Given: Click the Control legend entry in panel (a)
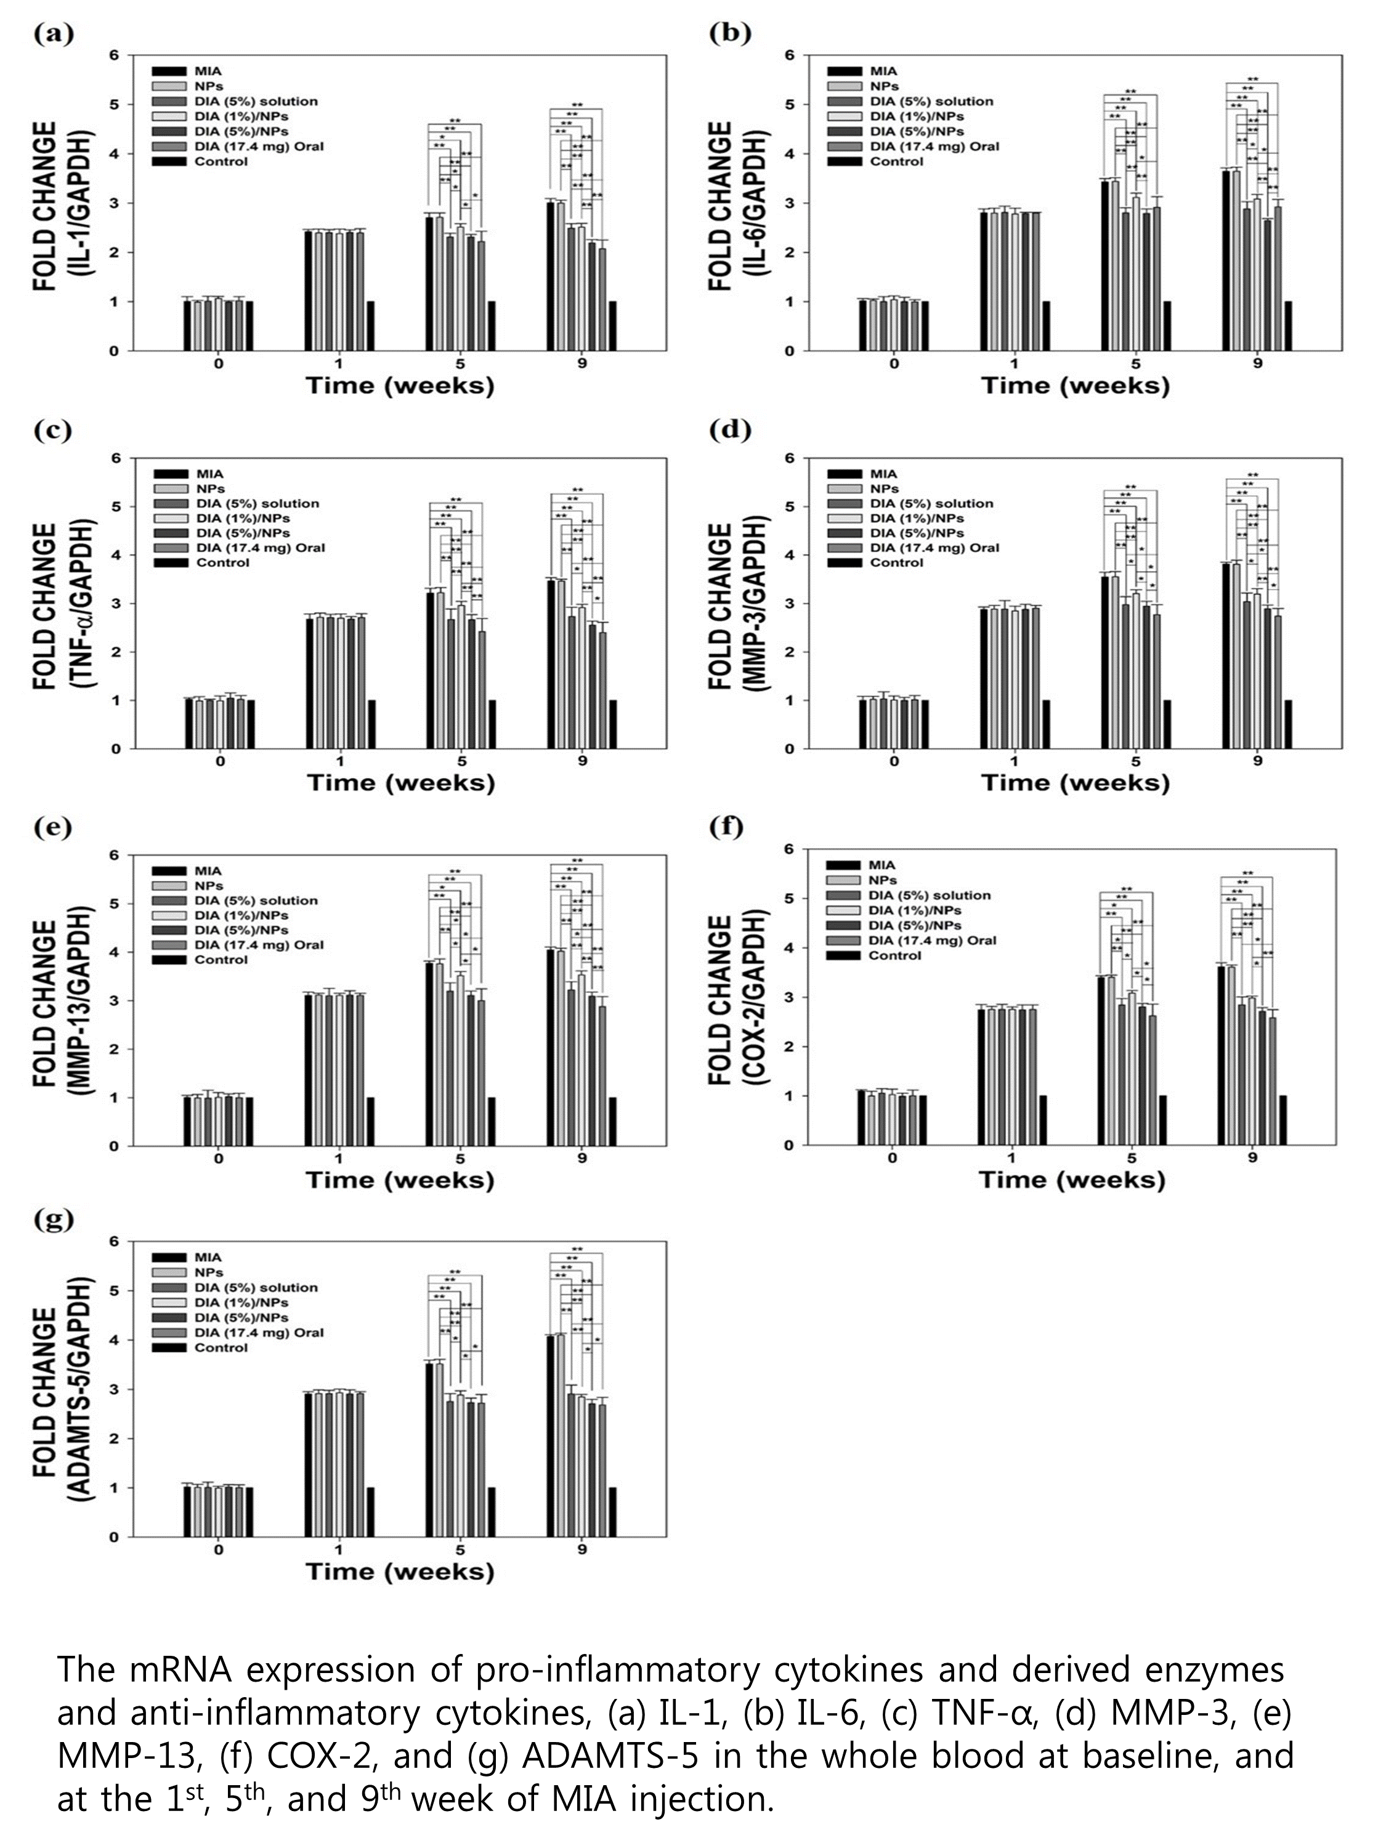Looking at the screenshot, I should (x=221, y=161).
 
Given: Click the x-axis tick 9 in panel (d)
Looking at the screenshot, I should (x=1257, y=761).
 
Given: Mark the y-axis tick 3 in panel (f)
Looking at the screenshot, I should (x=790, y=997).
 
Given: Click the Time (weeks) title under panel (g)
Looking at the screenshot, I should (x=399, y=1571).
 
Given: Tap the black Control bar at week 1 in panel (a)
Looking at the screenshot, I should (x=370, y=326).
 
